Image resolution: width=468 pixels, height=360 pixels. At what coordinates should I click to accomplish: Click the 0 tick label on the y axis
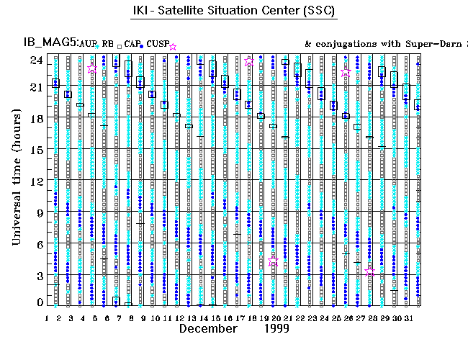[37, 303]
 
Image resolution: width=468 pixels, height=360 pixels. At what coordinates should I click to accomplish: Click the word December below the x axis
[207, 328]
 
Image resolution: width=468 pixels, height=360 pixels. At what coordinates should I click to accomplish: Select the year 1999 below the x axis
[275, 328]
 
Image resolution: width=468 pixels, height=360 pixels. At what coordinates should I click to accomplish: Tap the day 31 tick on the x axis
[407, 318]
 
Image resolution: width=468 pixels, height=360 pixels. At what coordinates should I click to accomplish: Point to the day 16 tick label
[227, 318]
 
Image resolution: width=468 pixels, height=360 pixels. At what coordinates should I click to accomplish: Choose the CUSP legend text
[157, 45]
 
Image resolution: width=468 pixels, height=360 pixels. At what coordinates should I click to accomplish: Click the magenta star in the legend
[173, 47]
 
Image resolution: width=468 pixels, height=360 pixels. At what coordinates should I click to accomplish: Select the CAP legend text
[132, 45]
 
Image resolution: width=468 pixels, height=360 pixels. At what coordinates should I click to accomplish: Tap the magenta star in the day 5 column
[92, 68]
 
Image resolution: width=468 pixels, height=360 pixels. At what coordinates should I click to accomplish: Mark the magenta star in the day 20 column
[273, 261]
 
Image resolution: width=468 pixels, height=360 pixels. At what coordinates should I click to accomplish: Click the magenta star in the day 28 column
[370, 271]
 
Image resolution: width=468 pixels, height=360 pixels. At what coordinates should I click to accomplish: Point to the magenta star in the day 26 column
[346, 73]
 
